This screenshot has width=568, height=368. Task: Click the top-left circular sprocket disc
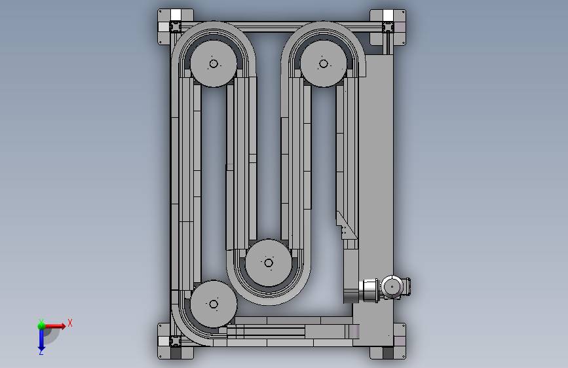pos(214,64)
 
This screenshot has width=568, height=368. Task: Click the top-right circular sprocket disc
pos(324,64)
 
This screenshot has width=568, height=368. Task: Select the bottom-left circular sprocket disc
pos(214,304)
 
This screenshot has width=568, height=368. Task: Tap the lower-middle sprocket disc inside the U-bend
pos(269,263)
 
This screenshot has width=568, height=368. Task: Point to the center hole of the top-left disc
pos(214,64)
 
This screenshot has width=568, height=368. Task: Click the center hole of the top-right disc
pos(324,64)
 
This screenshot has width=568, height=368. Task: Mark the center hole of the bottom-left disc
pos(214,304)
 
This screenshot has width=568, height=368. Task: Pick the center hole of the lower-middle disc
pos(269,263)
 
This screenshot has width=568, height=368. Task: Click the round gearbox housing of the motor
pos(392,287)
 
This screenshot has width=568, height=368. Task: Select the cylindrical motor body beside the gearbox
pos(369,290)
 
